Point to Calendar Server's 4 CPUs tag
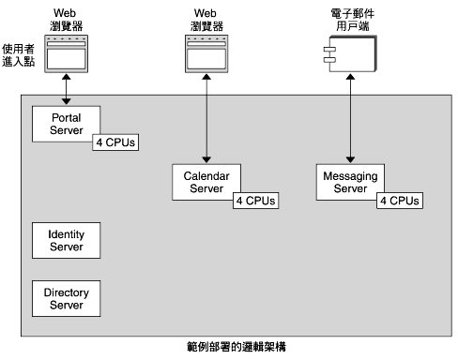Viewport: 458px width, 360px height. tap(254, 201)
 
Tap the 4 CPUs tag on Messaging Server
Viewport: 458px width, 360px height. tap(399, 201)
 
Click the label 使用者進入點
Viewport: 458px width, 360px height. tap(19, 52)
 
